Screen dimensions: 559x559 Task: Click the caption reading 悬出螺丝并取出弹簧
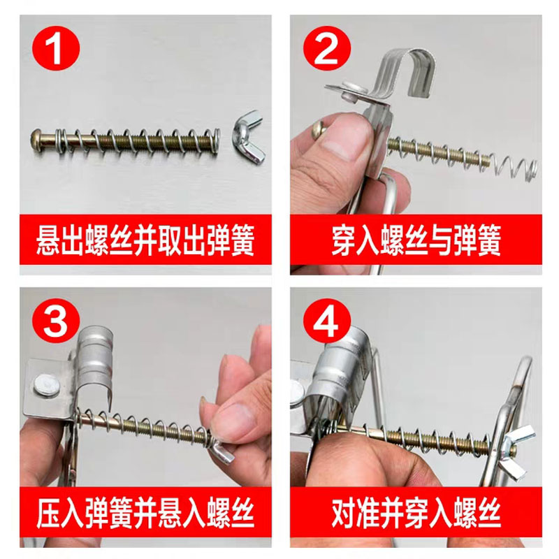[145, 240]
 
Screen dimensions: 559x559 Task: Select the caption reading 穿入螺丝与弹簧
[416, 240]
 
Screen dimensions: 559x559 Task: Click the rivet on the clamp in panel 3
[46, 385]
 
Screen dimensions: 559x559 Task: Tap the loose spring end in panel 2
[514, 166]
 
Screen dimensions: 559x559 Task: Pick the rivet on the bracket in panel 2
[351, 90]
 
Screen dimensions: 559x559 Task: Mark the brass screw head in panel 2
[319, 129]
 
